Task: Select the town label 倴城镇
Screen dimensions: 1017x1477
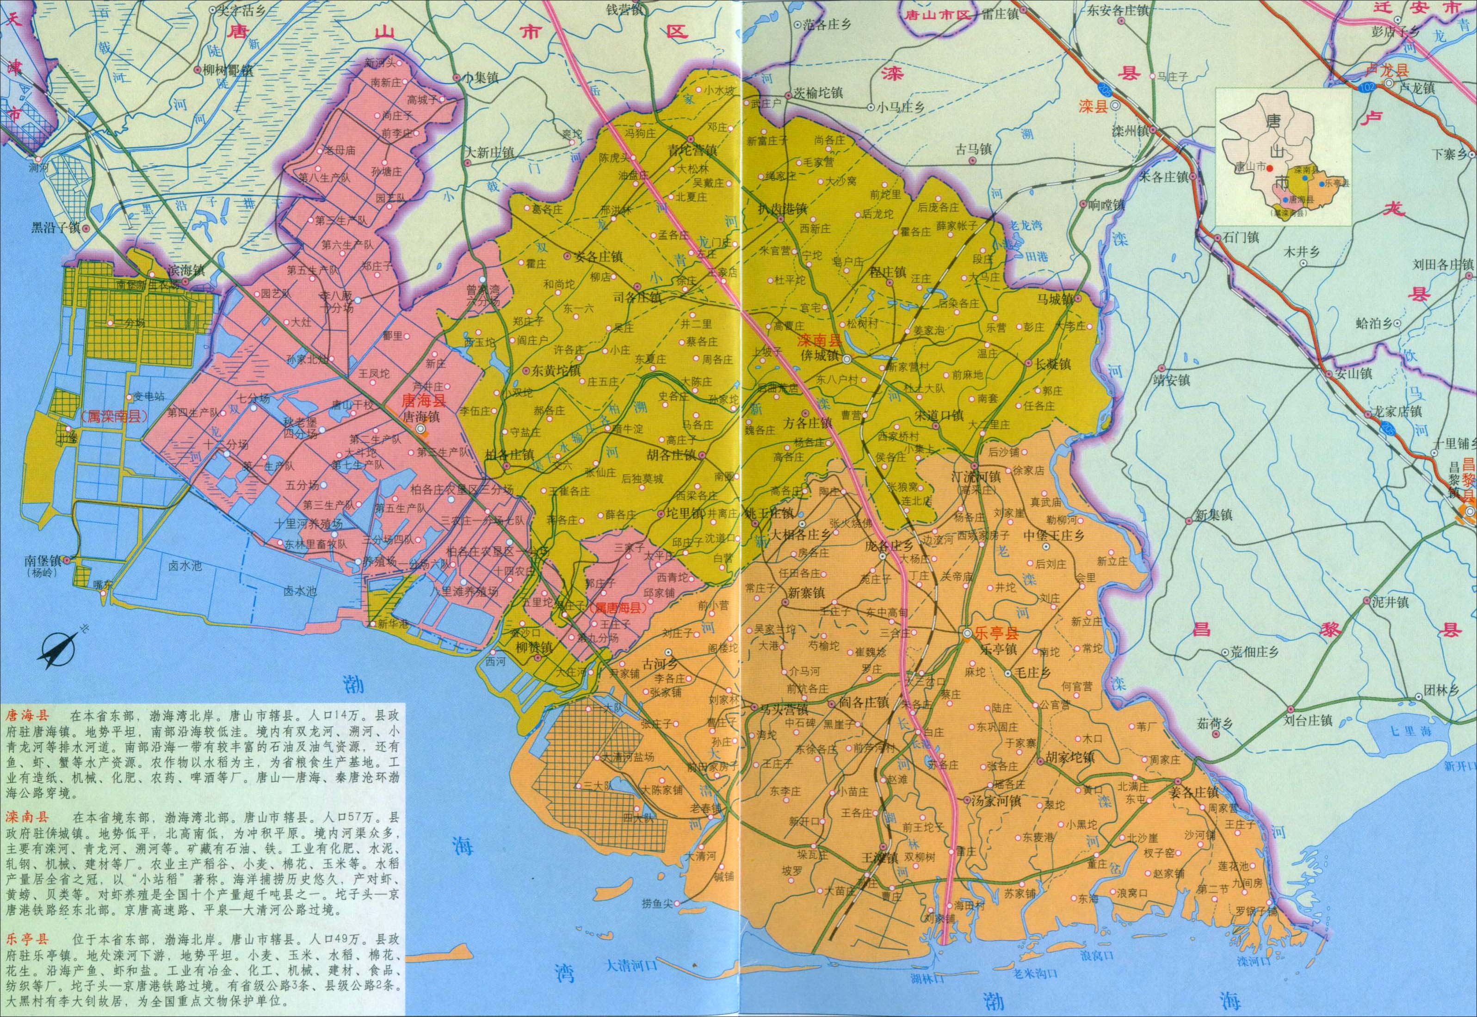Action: click(819, 356)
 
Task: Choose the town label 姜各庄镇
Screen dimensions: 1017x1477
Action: click(1194, 793)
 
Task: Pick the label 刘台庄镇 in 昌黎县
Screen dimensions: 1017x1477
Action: click(1308, 721)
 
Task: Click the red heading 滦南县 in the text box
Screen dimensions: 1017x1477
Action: click(24, 817)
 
